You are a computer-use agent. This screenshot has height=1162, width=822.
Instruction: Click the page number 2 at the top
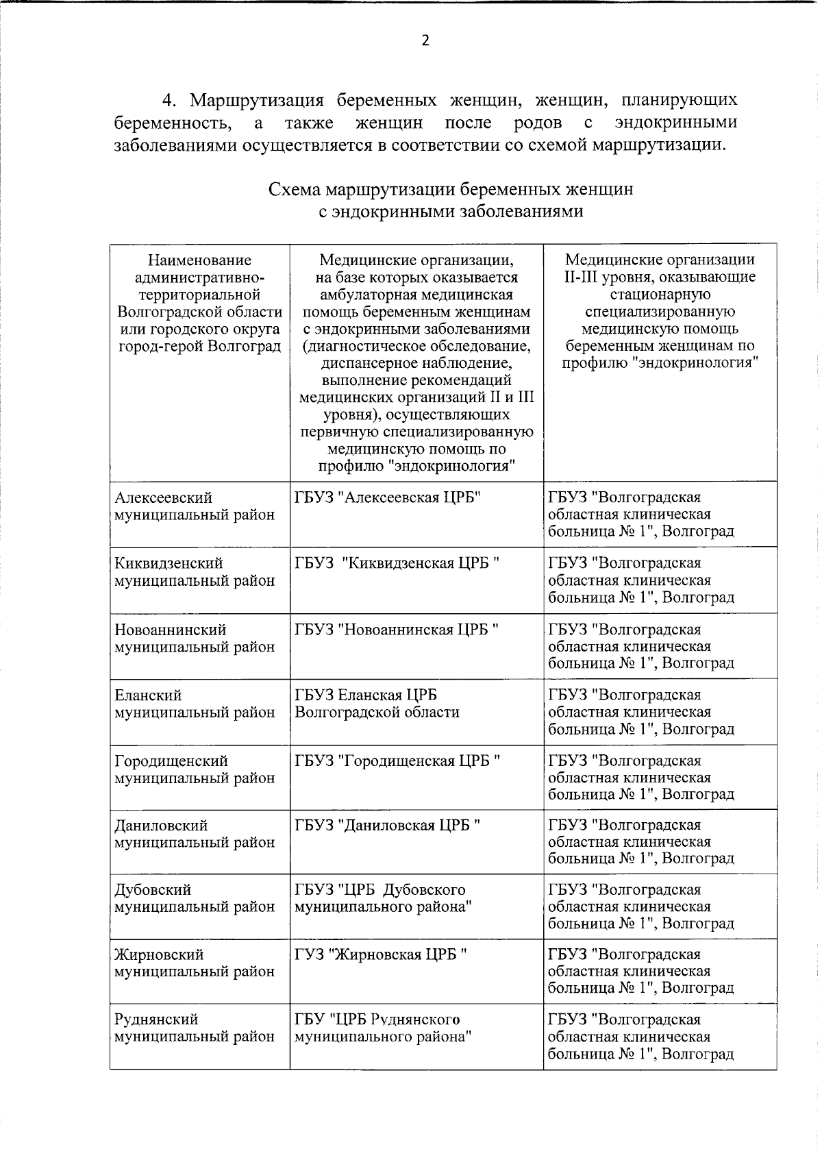425,40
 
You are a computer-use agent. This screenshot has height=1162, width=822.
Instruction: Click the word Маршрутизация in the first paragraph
256,100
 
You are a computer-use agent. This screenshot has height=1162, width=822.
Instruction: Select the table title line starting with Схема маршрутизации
451,189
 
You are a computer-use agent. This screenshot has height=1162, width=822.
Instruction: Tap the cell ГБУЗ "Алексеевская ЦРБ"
388,498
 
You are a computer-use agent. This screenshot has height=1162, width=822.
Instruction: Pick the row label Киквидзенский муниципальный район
195,572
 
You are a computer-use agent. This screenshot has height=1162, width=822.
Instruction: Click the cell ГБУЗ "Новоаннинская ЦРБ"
397,630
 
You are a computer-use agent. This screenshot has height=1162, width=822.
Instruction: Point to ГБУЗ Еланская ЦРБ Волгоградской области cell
377,704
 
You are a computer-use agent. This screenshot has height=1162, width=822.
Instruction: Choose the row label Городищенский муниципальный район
195,769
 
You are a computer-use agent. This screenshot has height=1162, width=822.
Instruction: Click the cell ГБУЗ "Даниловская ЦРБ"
388,826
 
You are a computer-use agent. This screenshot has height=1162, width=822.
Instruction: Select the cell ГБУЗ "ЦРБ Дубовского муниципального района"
383,898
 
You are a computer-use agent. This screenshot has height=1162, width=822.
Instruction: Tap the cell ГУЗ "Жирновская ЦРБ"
381,954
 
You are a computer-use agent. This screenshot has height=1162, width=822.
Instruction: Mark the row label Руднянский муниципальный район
195,1028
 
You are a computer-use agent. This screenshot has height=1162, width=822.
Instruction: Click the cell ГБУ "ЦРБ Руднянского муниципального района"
383,1028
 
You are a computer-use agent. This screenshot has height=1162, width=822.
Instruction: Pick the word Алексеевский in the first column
164,498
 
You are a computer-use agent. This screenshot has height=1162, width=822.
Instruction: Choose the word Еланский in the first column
149,695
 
